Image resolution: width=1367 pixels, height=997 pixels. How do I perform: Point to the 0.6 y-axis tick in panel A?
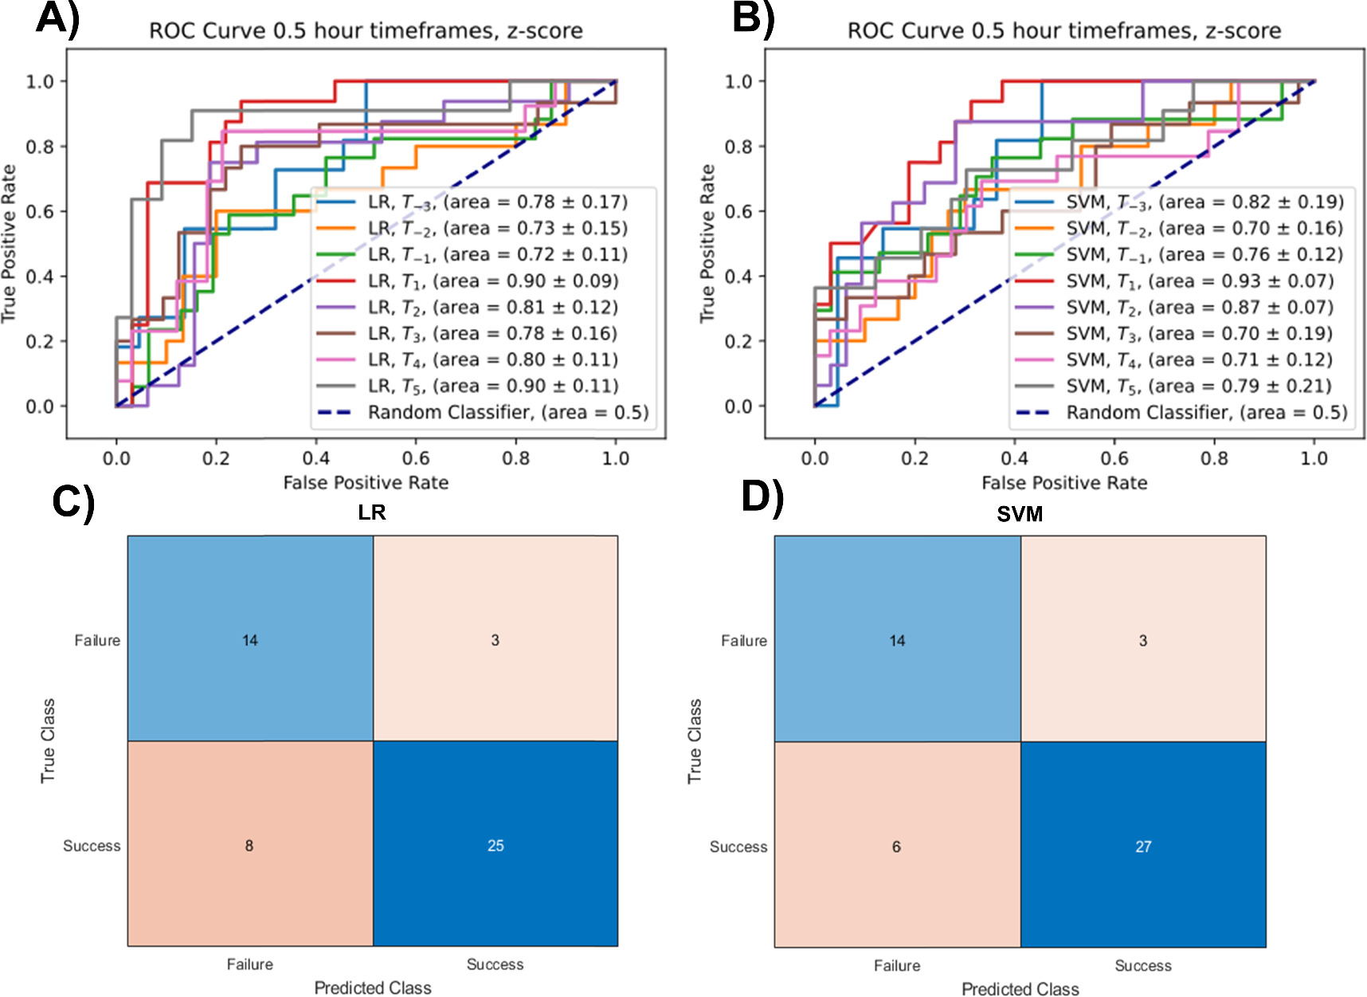click(40, 211)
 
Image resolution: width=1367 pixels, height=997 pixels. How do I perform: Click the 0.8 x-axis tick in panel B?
click(1214, 458)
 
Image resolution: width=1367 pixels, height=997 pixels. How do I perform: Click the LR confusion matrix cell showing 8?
click(249, 845)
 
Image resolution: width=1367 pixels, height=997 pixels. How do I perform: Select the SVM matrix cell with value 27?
click(1142, 846)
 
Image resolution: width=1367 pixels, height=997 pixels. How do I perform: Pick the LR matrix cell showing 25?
click(495, 845)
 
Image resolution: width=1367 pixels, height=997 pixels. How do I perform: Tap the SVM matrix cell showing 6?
click(896, 846)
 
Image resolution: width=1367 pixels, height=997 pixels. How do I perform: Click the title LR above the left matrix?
click(371, 512)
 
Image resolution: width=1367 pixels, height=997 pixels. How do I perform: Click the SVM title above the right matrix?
click(1019, 514)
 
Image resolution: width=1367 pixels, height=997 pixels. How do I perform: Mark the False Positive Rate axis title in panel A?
click(366, 482)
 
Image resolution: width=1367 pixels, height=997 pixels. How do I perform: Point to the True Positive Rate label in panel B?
click(707, 243)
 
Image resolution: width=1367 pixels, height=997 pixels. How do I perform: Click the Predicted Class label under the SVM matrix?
click(1020, 988)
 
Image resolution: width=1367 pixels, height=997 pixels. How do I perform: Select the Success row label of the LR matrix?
click(92, 846)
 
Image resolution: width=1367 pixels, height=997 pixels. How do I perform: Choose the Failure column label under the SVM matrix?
click(896, 965)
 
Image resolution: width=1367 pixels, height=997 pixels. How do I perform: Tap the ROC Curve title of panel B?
click(1063, 31)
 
